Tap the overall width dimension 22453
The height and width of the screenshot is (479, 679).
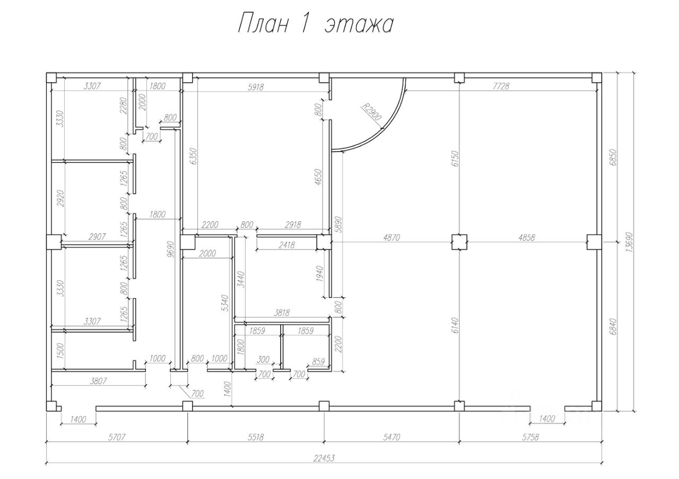tap(324, 458)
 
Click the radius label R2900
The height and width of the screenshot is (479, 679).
tap(372, 112)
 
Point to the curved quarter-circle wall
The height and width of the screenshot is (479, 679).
tap(384, 128)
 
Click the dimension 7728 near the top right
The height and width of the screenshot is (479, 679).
tap(501, 86)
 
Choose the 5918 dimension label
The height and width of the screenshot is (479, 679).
tap(256, 87)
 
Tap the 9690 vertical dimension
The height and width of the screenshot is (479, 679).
tap(171, 249)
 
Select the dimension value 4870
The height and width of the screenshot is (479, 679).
tap(391, 237)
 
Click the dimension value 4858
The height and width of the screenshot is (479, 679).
tap(527, 237)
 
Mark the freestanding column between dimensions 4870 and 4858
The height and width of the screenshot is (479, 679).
tap(459, 242)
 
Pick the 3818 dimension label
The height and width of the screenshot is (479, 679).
tap(282, 312)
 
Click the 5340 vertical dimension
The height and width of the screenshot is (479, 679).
tap(225, 303)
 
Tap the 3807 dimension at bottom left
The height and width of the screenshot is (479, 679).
tap(98, 381)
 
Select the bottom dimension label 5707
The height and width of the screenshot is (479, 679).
tap(117, 437)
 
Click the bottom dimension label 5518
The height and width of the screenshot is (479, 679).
tap(256, 437)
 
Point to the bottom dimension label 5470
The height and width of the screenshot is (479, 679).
tap(391, 437)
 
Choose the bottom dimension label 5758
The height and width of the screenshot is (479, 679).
tap(530, 437)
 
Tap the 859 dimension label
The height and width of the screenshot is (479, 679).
tap(318, 362)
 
